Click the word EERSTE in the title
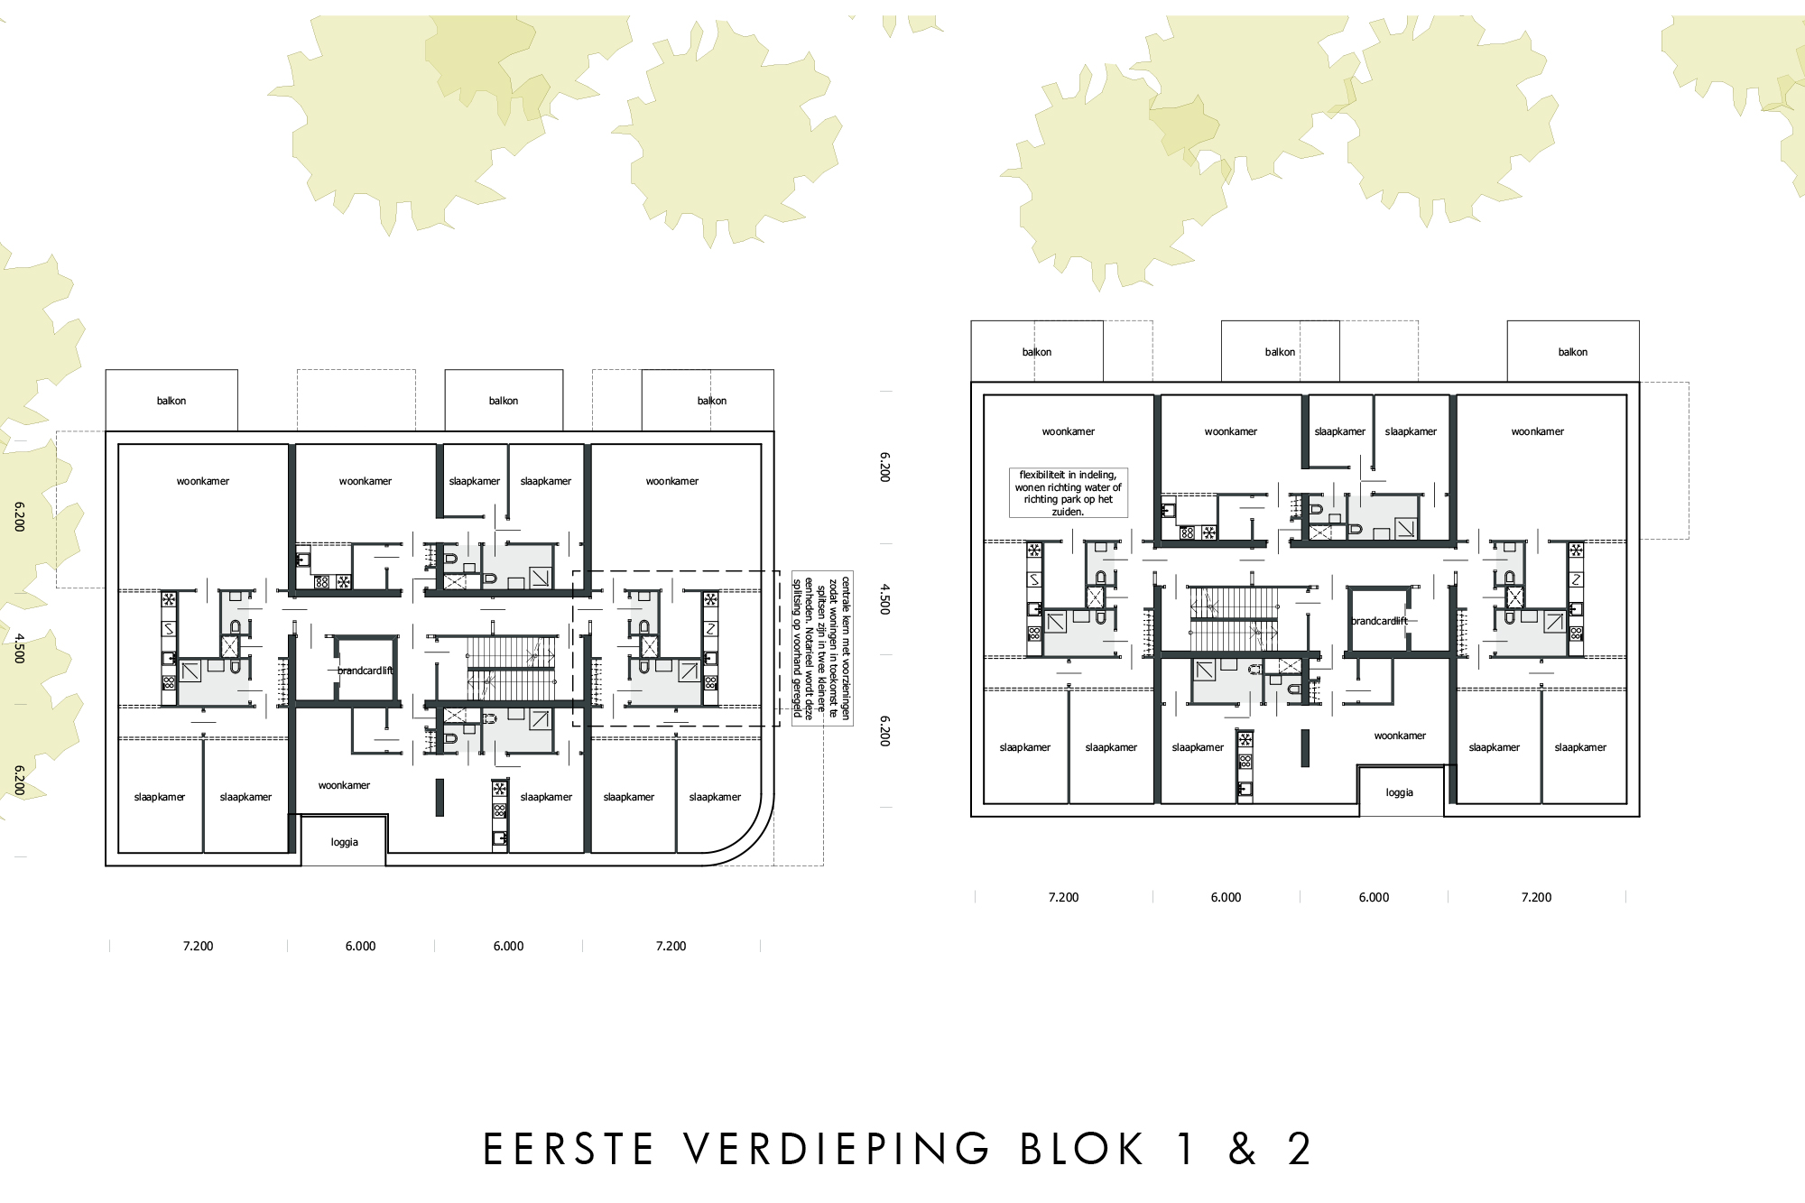[569, 1149]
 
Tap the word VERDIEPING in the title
[837, 1149]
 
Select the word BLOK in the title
[1082, 1149]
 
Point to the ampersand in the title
[1243, 1149]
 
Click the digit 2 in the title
[1300, 1149]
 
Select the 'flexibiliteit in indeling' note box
[1069, 493]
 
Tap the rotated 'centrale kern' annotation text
[821, 648]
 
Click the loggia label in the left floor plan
[345, 842]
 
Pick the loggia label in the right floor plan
[1400, 792]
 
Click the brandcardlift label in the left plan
[366, 671]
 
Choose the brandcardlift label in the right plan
[1379, 621]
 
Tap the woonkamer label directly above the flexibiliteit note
[1069, 431]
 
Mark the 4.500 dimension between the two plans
[885, 599]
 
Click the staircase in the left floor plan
[511, 668]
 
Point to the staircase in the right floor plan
[1233, 618]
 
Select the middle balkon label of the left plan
[504, 401]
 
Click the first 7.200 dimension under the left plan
[199, 946]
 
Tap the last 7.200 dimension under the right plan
[1536, 897]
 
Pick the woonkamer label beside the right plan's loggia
[1400, 736]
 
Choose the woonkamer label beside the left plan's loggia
[344, 785]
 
